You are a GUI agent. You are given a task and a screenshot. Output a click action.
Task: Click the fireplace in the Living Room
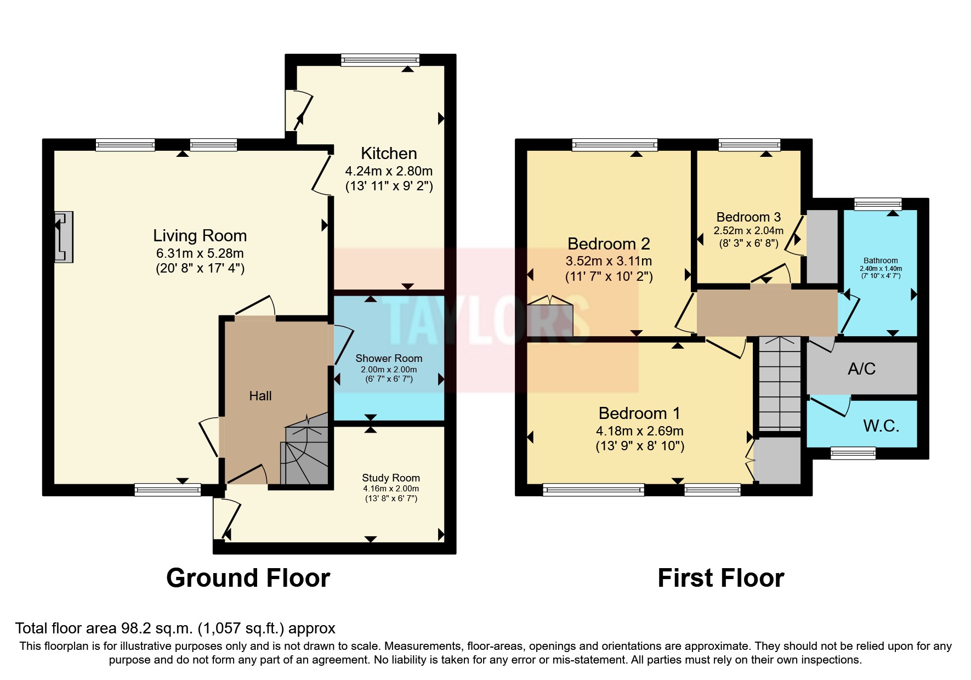[x=64, y=237]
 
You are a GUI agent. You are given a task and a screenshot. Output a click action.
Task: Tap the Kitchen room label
[x=389, y=154]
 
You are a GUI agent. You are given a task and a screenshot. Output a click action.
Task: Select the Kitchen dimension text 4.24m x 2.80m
[x=389, y=171]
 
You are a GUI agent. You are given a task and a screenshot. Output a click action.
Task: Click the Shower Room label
[x=389, y=358]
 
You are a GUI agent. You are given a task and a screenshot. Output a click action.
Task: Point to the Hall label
[x=260, y=396]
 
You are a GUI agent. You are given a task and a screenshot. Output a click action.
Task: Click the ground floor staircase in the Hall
[x=305, y=452]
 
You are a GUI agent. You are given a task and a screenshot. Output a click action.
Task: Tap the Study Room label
[x=391, y=478]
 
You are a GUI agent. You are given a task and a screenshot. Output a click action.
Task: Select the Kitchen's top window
[x=380, y=60]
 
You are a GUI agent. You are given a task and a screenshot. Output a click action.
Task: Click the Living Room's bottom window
[x=168, y=490]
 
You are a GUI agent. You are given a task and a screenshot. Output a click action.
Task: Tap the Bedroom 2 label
[x=609, y=243]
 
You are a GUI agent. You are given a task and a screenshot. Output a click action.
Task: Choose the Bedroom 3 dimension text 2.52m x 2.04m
[x=748, y=231]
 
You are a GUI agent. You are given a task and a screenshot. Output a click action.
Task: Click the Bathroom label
[x=881, y=260]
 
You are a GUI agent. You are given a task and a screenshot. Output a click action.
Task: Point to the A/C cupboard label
[x=861, y=369]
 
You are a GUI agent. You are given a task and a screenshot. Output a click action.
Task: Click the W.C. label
[x=881, y=426]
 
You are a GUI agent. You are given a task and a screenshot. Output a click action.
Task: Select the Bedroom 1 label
[x=639, y=413]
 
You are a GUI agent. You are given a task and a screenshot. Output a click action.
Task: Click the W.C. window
[x=853, y=453]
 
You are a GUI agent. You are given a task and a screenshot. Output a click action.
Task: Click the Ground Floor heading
[x=248, y=578]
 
